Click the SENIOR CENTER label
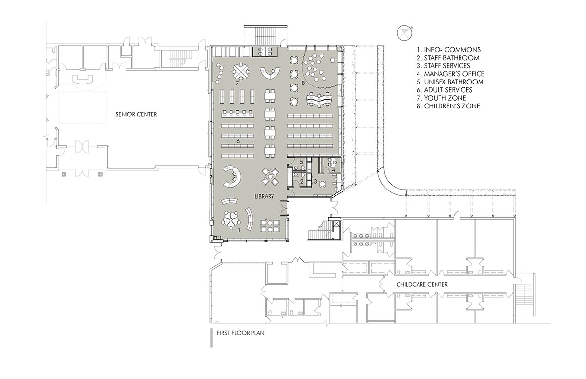click(x=136, y=114)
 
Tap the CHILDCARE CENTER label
click(x=422, y=284)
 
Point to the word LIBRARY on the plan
click(x=264, y=196)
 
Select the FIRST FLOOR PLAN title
click(x=240, y=333)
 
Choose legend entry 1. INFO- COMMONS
click(x=448, y=50)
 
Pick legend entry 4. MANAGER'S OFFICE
click(x=450, y=74)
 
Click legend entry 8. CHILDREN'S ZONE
click(x=448, y=106)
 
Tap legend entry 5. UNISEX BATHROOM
click(x=450, y=82)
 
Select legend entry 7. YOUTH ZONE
click(x=441, y=98)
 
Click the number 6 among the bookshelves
click(x=238, y=141)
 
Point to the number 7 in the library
click(x=237, y=84)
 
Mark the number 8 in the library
click(x=303, y=83)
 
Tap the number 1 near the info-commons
click(x=239, y=230)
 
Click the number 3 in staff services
click(x=315, y=181)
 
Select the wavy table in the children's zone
click(x=319, y=100)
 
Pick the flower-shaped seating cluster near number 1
click(x=231, y=220)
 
